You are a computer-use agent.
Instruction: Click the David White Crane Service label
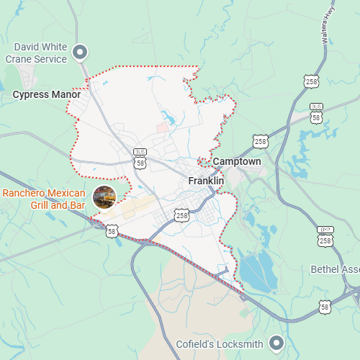coord(36,53)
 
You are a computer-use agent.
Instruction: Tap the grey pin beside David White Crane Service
coord(81,52)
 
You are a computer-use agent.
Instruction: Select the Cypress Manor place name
coord(46,94)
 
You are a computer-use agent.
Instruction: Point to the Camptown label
coord(237,162)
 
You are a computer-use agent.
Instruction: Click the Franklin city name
coord(206,181)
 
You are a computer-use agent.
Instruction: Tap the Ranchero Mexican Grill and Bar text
coord(44,199)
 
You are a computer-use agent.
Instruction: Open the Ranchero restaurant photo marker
coord(104,197)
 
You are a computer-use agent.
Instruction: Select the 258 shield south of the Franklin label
coord(181,215)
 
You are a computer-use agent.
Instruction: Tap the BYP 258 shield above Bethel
coord(325,237)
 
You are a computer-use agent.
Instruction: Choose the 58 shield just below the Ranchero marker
coord(112,230)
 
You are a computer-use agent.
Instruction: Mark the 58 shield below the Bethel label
coord(325,307)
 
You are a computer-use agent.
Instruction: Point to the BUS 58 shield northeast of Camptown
coord(316,112)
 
